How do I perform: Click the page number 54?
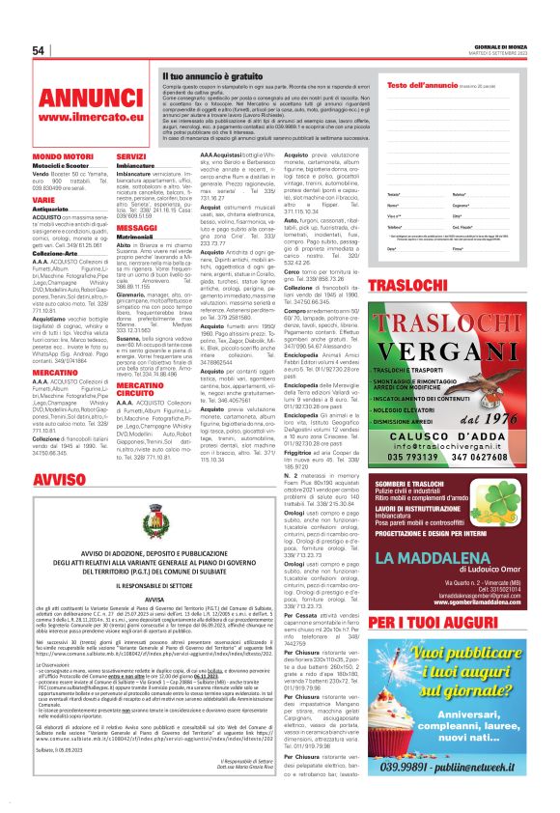[x=40, y=50]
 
